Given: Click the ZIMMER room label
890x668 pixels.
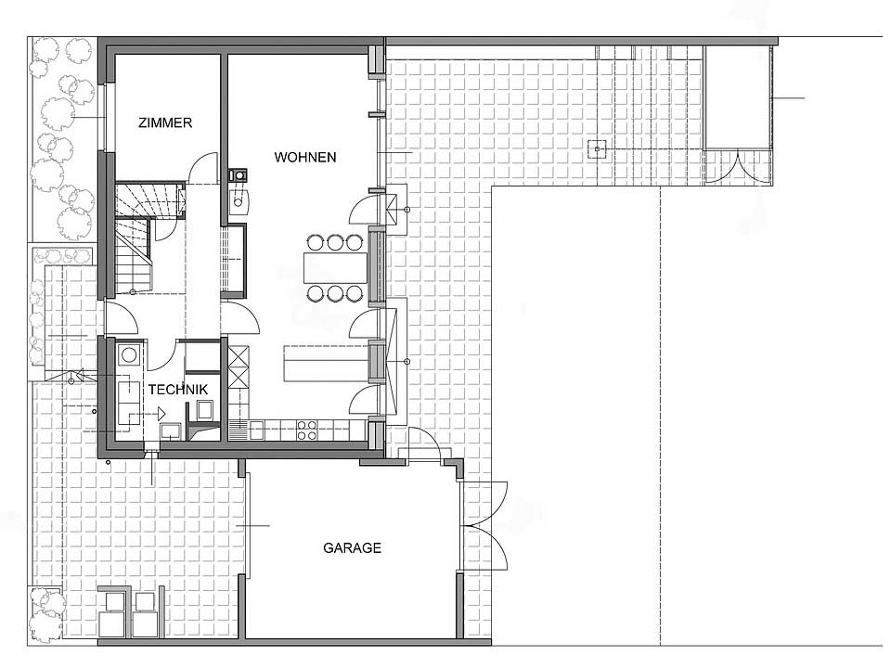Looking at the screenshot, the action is pos(165,122).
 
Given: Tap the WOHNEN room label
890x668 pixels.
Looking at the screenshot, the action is pos(305,157).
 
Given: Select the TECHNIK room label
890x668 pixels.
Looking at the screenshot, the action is pos(178,390).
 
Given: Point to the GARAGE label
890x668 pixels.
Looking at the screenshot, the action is pos(352,548).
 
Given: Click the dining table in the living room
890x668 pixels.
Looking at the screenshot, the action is pos(335,268).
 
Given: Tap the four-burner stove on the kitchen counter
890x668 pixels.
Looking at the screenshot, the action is pos(307,430).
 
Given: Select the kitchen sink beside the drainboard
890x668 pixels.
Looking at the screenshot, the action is pos(256,430).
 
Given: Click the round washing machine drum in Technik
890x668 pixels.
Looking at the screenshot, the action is pos(129,354).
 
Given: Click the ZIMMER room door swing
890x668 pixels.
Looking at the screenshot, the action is pos(202,168).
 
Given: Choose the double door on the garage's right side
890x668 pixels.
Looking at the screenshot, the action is pos(484,525).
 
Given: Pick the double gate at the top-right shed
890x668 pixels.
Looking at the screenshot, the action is pos(739,167).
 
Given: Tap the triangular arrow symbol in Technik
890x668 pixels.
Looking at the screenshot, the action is pos(161,414).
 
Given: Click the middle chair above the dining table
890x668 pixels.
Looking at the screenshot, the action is pos(335,243).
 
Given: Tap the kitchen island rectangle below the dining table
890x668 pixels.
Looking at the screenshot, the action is pos(324,363).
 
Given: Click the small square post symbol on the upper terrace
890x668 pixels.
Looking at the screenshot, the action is pos(597,149).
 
